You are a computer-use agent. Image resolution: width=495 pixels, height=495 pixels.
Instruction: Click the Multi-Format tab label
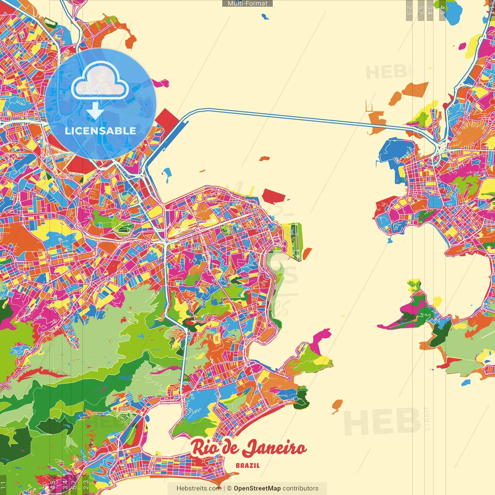pos(247,3)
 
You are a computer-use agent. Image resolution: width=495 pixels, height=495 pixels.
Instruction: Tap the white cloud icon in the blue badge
pos(100,80)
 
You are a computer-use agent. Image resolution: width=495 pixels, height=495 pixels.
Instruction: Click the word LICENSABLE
pos(101,131)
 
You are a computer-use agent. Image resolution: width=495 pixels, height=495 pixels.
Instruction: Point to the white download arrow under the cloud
pos(95,111)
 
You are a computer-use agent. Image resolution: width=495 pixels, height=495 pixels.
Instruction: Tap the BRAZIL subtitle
pos(248,466)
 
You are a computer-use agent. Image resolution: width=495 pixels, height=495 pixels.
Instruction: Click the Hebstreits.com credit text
pos(199,488)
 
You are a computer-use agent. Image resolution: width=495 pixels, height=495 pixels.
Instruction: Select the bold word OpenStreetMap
pos(257,488)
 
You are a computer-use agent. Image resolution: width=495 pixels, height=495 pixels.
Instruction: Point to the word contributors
pos(300,488)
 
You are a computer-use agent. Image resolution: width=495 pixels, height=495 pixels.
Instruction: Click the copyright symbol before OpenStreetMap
pos(229,488)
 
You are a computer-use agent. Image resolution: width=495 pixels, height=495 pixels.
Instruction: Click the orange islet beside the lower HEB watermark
pos(337,405)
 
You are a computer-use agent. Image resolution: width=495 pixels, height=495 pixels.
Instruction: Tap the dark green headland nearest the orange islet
pos(301,398)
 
